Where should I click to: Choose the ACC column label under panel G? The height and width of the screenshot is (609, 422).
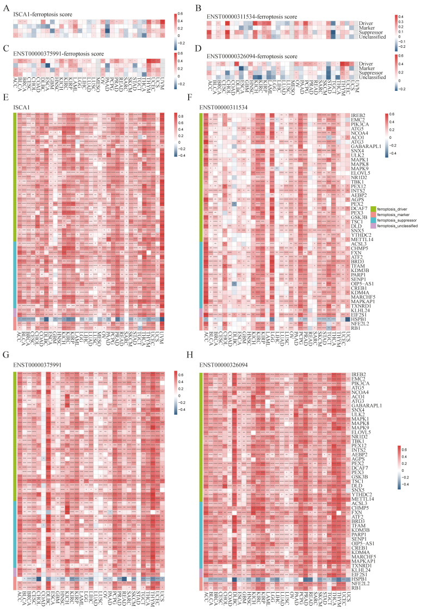pyautogui.click(x=19, y=594)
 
